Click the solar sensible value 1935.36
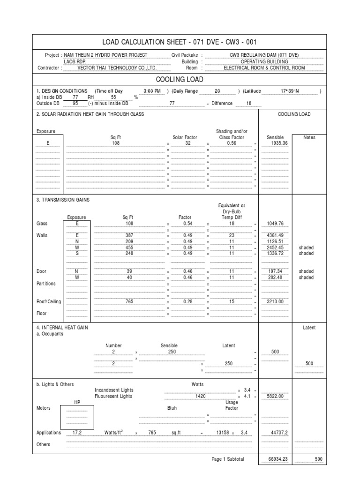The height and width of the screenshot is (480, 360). pos(275,143)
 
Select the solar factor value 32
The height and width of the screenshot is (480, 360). pos(187,143)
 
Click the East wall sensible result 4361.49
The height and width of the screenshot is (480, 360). pos(275,235)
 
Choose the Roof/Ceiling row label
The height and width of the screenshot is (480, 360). pos(49,301)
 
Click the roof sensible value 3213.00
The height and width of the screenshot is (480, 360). pos(275,301)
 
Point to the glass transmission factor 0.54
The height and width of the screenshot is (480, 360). pos(187,224)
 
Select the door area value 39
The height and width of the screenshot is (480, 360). pos(129,271)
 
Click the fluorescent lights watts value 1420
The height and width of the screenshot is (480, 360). pos(201,396)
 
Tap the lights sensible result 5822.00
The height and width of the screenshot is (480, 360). pos(275,396)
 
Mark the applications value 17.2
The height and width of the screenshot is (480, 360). pos(77,433)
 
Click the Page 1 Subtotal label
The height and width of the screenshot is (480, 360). pos(228,459)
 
